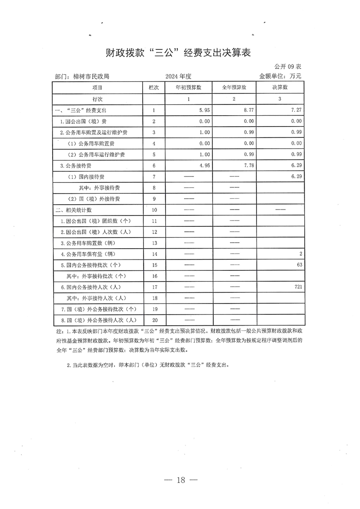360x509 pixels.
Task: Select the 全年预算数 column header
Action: point(234,87)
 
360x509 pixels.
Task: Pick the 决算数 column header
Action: point(280,87)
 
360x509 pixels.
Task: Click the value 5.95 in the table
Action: point(204,110)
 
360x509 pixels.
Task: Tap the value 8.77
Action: point(248,110)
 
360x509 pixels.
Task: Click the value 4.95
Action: point(204,166)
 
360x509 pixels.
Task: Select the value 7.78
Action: point(248,166)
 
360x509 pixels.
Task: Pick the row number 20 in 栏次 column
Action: point(154,320)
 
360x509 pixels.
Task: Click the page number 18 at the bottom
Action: point(181,480)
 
